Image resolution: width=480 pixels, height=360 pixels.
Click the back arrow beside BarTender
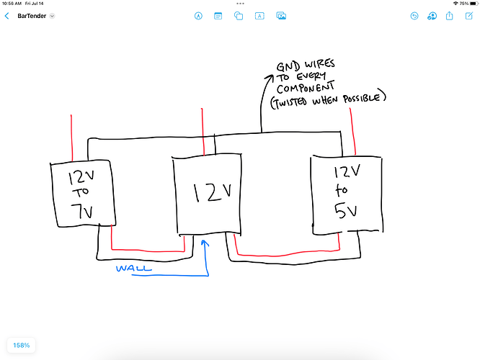[x=7, y=15]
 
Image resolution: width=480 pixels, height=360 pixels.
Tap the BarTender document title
[x=31, y=15]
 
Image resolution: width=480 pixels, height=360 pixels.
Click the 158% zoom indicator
[x=21, y=345]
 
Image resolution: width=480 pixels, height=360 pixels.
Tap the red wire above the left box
[x=71, y=138]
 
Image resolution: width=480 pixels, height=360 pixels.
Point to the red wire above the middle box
[x=203, y=130]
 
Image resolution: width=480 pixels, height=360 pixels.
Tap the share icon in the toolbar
[x=450, y=15]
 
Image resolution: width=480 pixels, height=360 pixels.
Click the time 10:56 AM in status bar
[x=14, y=4]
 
